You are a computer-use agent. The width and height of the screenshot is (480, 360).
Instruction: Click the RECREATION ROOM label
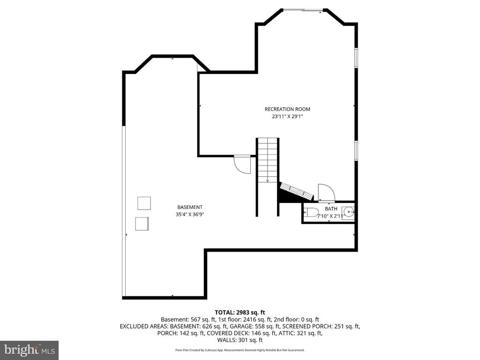287,109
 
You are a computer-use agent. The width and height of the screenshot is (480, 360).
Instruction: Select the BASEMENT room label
190,207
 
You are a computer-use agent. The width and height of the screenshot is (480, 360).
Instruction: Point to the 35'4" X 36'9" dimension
190,214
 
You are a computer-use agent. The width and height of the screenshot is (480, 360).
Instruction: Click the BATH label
331,209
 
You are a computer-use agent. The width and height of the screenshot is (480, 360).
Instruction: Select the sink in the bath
347,212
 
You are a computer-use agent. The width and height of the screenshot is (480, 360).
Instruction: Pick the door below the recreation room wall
242,164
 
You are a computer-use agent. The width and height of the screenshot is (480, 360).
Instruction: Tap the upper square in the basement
144,203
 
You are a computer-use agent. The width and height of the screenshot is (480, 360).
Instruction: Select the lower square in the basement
142,224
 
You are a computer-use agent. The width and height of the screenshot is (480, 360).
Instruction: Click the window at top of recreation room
302,9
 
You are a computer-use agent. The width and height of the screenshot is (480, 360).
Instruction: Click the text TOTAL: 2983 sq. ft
240,312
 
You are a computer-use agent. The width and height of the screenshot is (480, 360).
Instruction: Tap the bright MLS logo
29,350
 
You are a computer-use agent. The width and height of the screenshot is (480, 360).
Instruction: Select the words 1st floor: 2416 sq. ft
250,319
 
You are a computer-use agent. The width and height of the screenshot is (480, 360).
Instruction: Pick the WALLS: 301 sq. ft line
240,340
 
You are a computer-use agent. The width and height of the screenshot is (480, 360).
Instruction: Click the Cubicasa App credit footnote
240,350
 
